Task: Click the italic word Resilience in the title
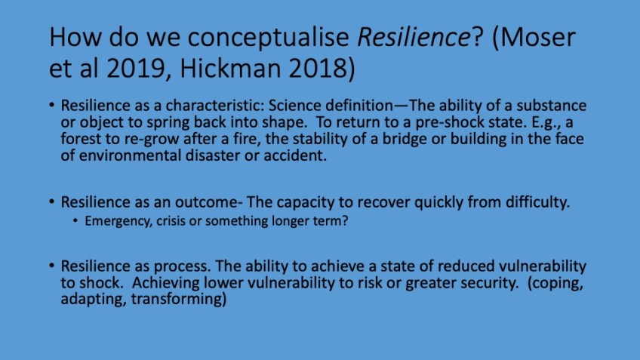(414, 37)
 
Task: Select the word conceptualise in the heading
(268, 38)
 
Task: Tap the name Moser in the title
(539, 37)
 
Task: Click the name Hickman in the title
(230, 68)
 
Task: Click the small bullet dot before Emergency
(75, 221)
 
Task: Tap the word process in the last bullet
(181, 266)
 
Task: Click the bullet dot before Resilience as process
(51, 266)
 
